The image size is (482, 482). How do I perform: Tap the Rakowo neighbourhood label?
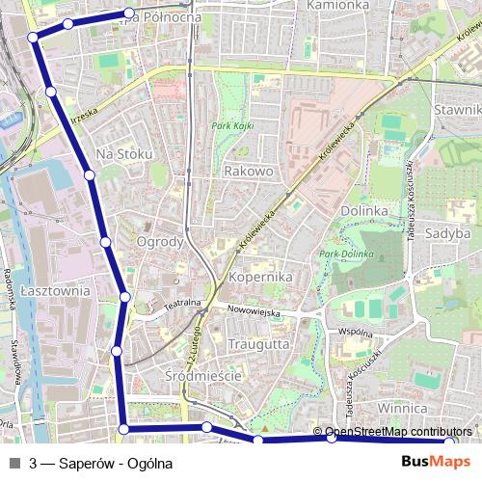249,171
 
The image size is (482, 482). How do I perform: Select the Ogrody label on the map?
160,241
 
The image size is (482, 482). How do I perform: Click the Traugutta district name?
259,343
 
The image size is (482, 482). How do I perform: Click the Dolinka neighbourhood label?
363,210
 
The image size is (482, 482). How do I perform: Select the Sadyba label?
449,232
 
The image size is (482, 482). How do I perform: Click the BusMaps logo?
436,462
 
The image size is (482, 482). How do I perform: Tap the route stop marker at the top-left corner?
33,37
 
